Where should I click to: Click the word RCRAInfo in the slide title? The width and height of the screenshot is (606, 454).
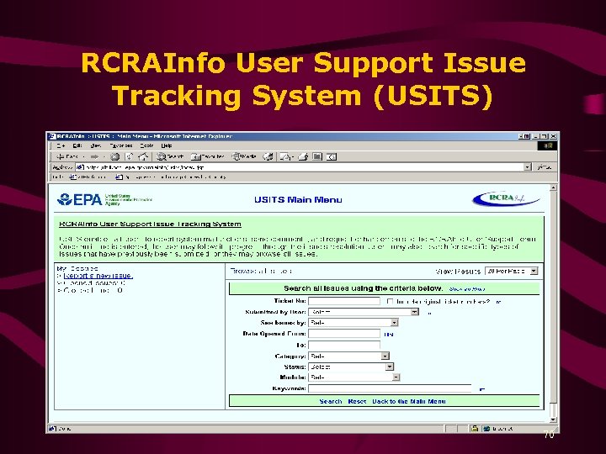point(154,63)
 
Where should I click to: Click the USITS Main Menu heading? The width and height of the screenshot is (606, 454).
point(298,199)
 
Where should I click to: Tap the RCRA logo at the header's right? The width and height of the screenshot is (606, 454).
point(506,199)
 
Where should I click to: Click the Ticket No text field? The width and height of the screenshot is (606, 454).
point(344,300)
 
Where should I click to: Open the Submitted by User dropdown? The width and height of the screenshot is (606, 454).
point(364,311)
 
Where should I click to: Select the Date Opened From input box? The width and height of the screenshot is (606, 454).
point(344,334)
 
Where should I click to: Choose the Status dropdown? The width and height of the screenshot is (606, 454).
point(350,367)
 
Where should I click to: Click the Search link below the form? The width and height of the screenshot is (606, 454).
point(331,401)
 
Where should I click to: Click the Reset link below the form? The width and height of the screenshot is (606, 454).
point(357,401)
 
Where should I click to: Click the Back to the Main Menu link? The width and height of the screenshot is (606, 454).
point(409,401)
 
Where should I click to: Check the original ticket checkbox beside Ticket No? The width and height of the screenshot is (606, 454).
point(389,300)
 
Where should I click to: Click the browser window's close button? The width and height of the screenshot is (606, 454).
point(552,135)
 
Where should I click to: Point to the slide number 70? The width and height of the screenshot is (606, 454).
point(549,436)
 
